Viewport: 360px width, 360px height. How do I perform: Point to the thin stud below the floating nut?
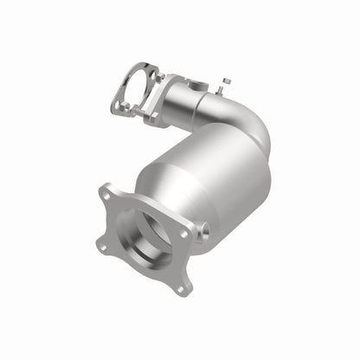click(222, 92)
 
